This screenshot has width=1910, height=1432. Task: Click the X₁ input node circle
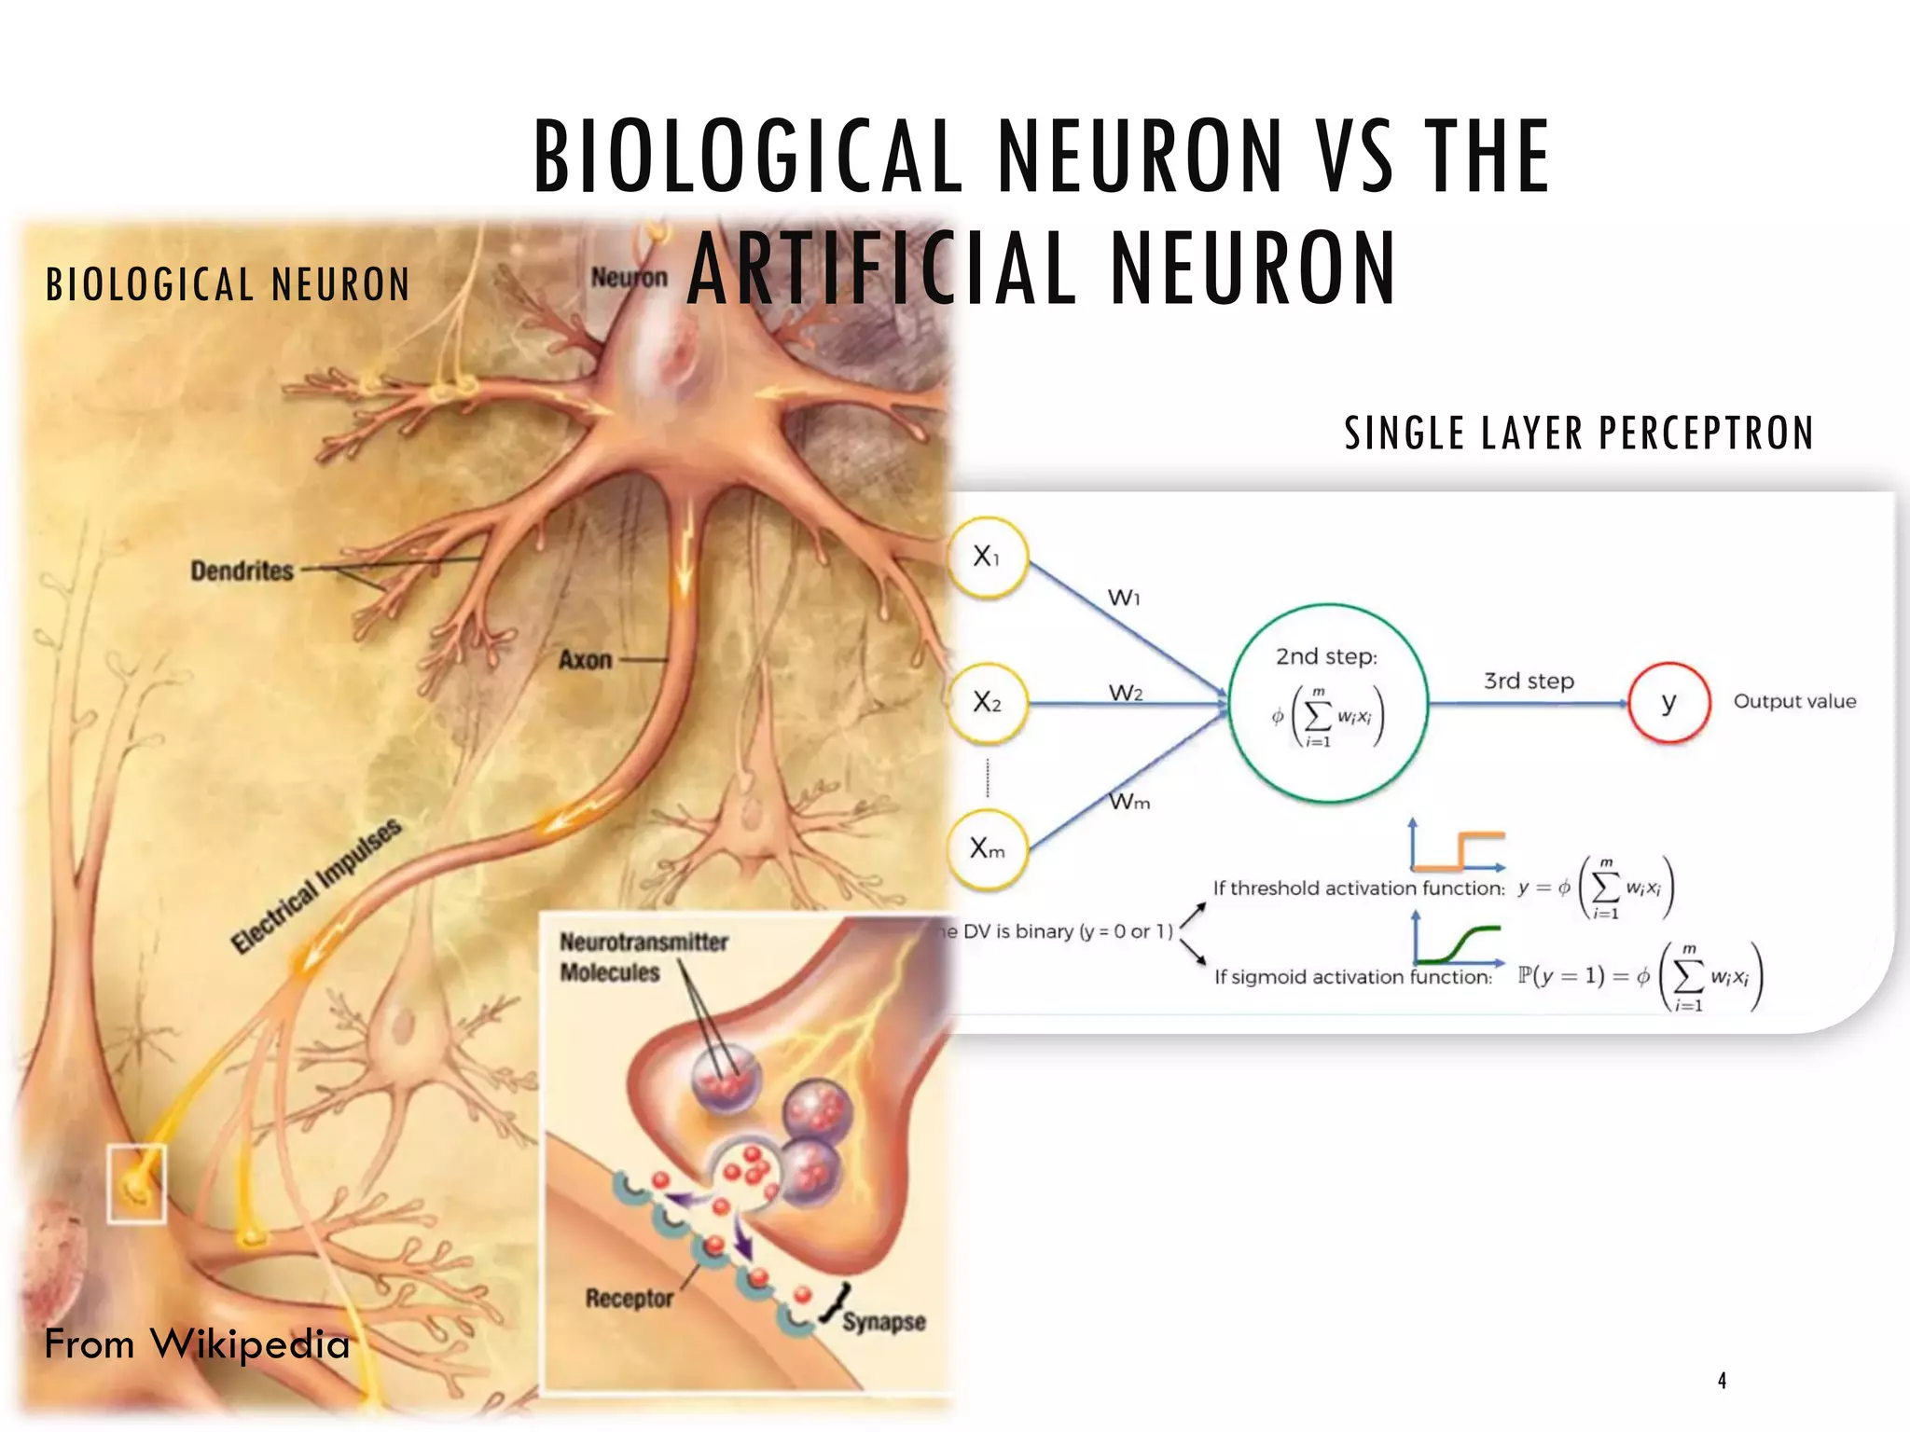pos(987,558)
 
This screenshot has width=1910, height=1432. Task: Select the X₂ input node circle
pos(987,702)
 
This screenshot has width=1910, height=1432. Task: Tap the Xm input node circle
pos(987,848)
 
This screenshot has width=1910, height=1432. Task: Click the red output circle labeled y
pos(1668,702)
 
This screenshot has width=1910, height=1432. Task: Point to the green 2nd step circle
pos(1328,702)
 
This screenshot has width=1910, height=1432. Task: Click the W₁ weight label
pos(1124,597)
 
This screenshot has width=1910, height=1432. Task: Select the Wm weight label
pos(1128,802)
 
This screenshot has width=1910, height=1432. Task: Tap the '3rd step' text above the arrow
pos(1529,682)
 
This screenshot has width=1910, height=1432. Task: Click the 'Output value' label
pos(1794,701)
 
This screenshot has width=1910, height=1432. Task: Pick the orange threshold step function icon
pos(1458,846)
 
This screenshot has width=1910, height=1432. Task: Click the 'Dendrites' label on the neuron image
pos(242,571)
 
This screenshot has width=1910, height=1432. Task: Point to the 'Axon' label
pos(585,660)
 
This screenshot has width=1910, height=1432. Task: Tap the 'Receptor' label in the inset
pos(629,1298)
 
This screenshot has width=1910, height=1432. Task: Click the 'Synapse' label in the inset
pos(883,1322)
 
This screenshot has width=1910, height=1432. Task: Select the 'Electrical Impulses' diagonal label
pos(317,886)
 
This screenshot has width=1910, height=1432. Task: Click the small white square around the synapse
pos(136,1183)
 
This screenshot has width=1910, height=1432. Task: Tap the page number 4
pos(1722,1381)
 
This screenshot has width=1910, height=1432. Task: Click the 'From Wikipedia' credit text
pos(197,1344)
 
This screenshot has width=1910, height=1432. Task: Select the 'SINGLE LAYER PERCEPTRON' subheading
pos(1578,434)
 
